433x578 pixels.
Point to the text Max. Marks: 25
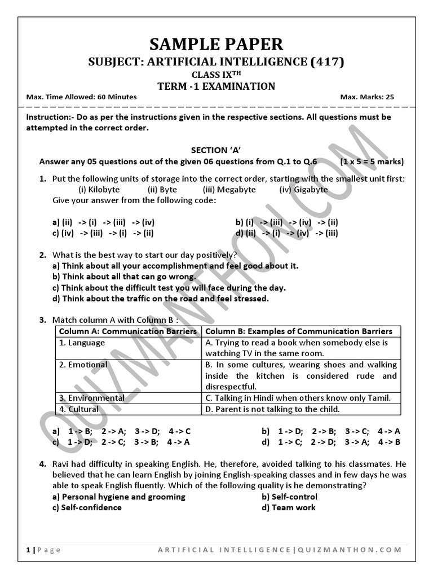(367, 97)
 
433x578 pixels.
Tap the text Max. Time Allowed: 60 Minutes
(81, 97)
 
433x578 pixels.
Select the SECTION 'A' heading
(216, 150)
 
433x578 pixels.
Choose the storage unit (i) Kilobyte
(99, 190)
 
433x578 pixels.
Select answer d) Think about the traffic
(160, 298)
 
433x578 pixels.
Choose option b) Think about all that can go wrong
(124, 277)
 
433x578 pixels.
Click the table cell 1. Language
(82, 343)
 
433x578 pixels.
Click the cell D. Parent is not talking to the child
(272, 409)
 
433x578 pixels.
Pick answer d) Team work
(289, 507)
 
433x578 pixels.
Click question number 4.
(42, 464)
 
